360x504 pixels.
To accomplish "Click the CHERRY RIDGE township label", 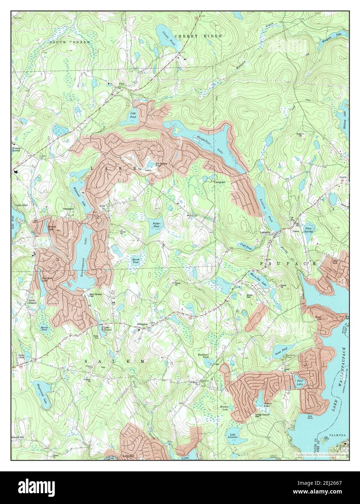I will (x=190, y=36).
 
